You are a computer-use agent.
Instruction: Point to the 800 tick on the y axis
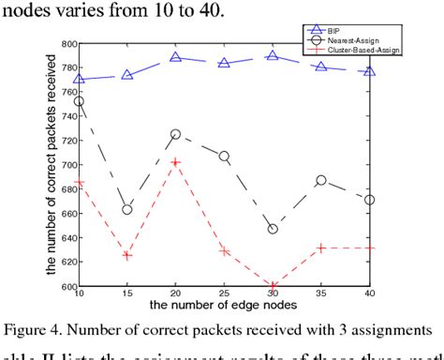click(68, 44)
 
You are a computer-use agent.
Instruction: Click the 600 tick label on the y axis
click(68, 287)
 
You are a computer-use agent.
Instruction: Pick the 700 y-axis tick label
click(68, 165)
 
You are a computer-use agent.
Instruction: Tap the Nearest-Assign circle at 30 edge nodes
click(274, 229)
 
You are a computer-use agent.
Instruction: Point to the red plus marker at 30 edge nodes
click(274, 286)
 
